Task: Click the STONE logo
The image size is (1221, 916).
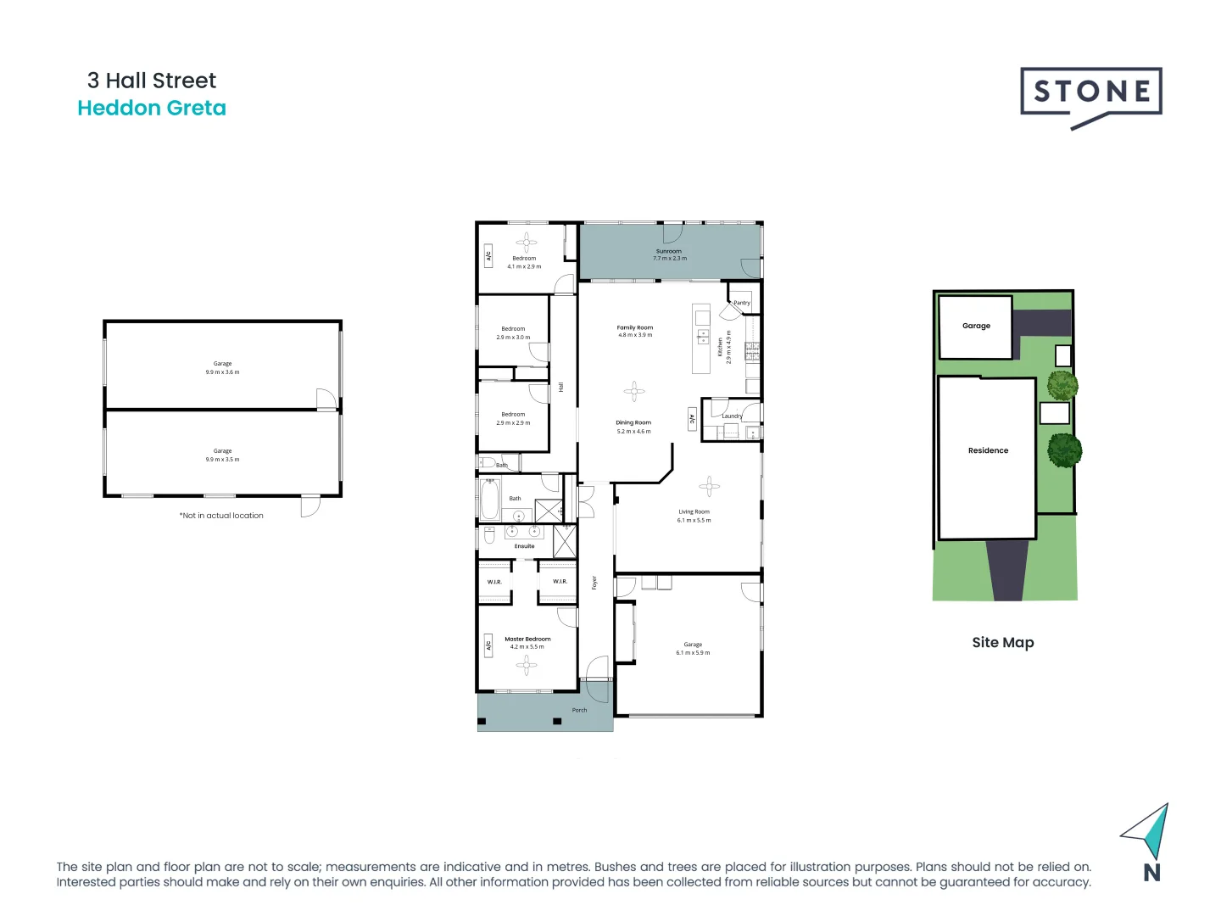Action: click(x=1090, y=92)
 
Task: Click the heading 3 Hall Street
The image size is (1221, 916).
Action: click(x=152, y=81)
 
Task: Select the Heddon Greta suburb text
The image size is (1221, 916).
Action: click(x=152, y=109)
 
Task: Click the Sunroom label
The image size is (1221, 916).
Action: click(x=669, y=251)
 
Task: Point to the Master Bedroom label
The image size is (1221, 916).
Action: click(x=527, y=639)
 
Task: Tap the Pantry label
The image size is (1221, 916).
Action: click(x=742, y=303)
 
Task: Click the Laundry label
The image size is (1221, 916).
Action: click(x=732, y=416)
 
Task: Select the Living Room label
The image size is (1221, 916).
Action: click(x=694, y=511)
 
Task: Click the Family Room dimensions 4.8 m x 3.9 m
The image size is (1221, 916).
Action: click(x=635, y=335)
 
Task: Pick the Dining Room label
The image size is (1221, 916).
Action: click(x=633, y=422)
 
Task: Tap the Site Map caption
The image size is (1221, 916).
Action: click(x=1003, y=643)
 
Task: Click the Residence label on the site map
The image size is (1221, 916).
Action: click(x=988, y=450)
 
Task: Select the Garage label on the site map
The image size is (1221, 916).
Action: click(x=976, y=326)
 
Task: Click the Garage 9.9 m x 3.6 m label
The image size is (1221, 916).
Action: click(x=222, y=367)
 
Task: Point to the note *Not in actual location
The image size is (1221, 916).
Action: click(x=221, y=516)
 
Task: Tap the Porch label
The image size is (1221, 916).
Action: click(x=579, y=710)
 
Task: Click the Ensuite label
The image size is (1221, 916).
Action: click(x=525, y=546)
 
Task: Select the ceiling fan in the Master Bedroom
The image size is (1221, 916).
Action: click(x=526, y=665)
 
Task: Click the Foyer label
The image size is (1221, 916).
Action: click(x=594, y=583)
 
